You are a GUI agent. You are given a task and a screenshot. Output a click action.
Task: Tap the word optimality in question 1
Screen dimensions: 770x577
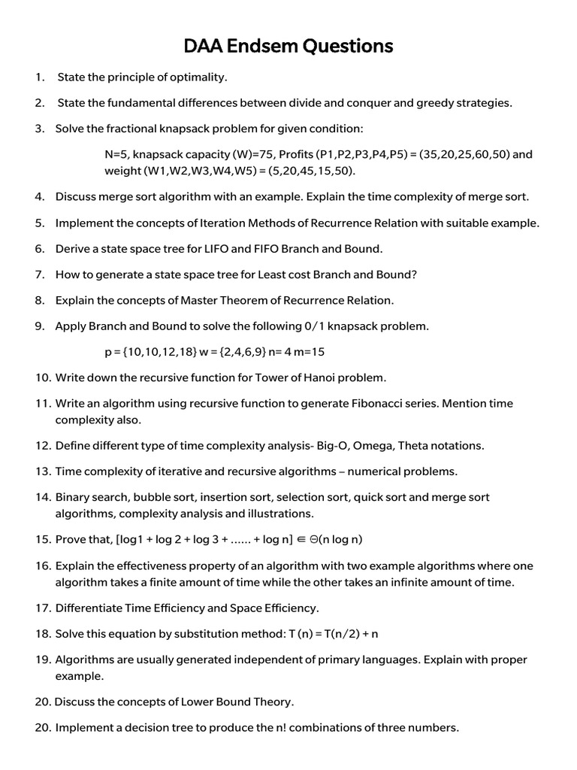pos(198,77)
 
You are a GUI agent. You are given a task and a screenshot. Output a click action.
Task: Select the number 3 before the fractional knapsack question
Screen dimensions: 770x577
pos(40,129)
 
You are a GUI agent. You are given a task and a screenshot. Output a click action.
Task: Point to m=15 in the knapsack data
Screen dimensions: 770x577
pos(308,352)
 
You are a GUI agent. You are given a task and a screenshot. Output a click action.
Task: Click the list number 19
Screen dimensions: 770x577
pos(41,659)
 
